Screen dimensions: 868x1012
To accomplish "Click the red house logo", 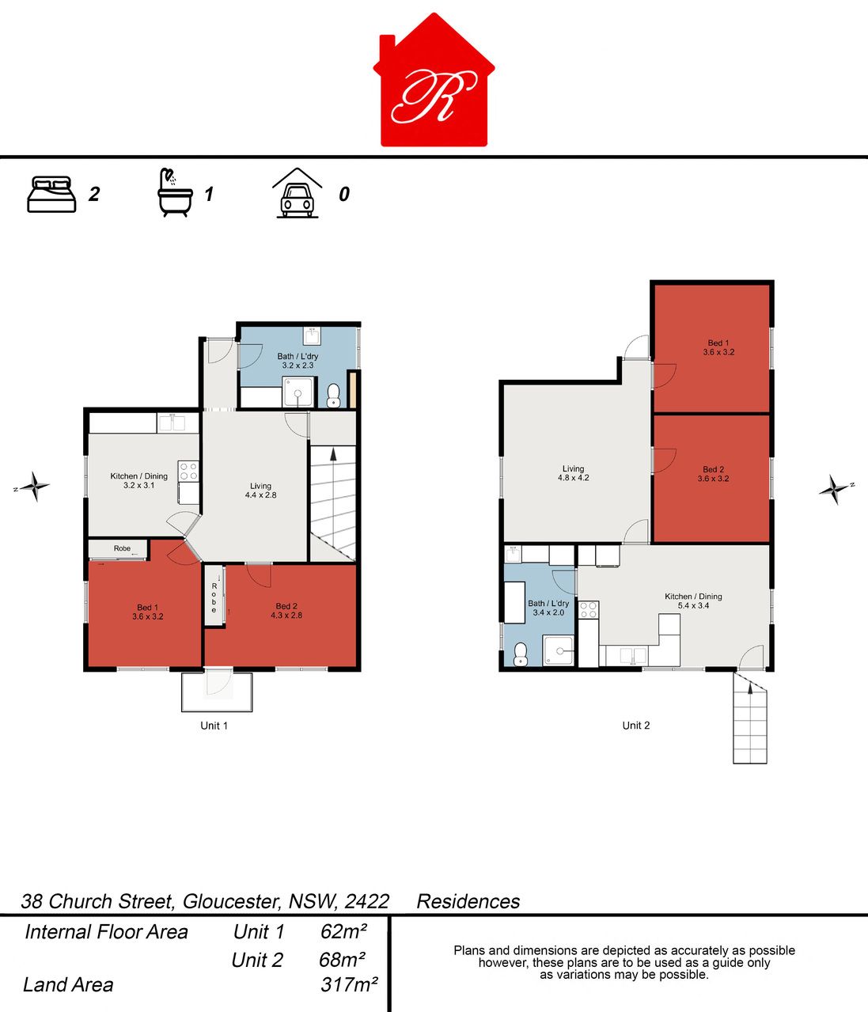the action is pyautogui.click(x=434, y=81).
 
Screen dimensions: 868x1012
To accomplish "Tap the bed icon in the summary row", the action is pyautogui.click(x=51, y=195).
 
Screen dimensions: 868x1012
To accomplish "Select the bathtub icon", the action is pyautogui.click(x=175, y=193).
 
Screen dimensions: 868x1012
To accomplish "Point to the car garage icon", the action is pyautogui.click(x=298, y=193).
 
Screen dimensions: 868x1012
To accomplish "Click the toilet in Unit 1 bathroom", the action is pyautogui.click(x=333, y=395).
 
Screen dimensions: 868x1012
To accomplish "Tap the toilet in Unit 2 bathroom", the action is pyautogui.click(x=521, y=654).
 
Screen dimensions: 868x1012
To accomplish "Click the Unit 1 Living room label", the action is pyautogui.click(x=260, y=490).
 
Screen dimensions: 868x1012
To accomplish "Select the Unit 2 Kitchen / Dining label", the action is pyautogui.click(x=693, y=601).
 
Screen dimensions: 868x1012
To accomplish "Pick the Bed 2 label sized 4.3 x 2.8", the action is pyautogui.click(x=286, y=611).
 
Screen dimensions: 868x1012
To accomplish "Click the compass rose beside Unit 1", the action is pyautogui.click(x=34, y=486).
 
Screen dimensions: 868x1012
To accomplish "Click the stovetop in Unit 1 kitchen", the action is pyautogui.click(x=188, y=471).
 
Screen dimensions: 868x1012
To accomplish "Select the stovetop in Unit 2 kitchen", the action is pyautogui.click(x=589, y=609).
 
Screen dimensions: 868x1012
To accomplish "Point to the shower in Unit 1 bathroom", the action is pyautogui.click(x=298, y=392).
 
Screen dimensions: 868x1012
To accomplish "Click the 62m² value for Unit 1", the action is pyautogui.click(x=343, y=931).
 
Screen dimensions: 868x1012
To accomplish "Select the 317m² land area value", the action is pyautogui.click(x=349, y=984).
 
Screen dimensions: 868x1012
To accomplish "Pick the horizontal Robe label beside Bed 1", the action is pyautogui.click(x=122, y=548).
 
